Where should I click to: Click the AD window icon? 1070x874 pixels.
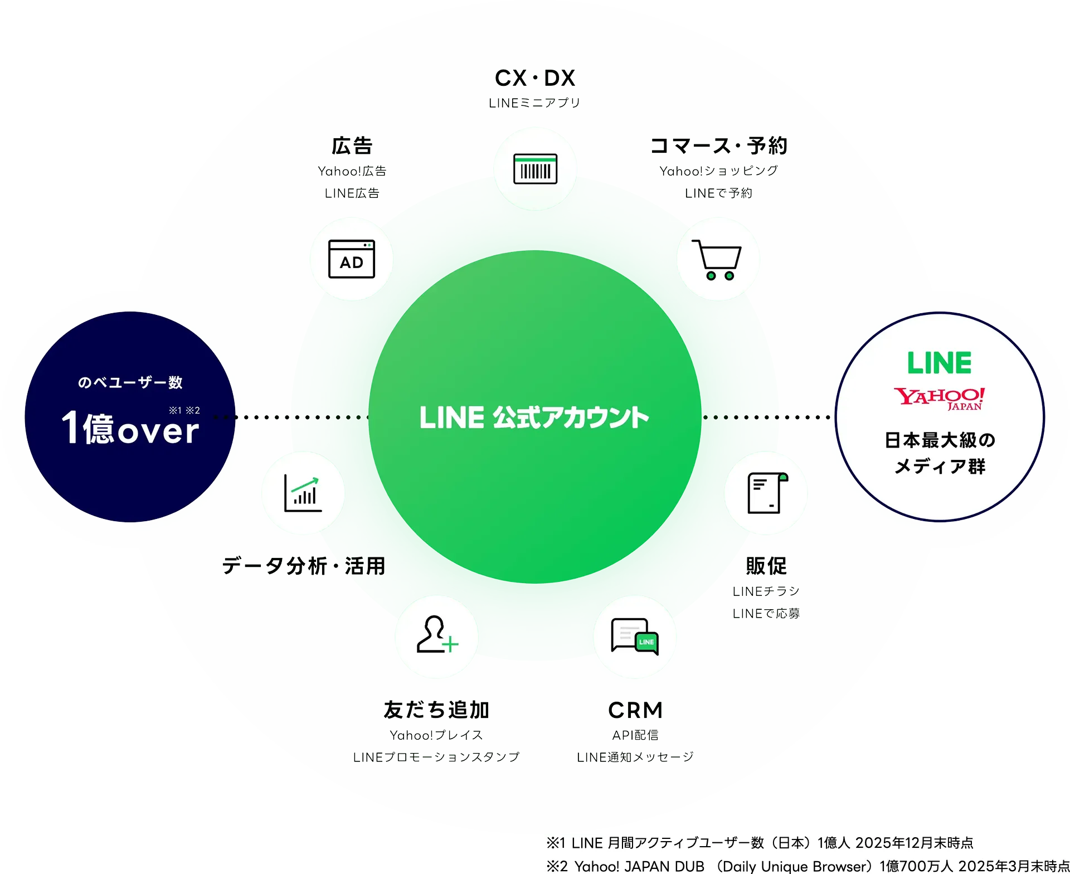pyautogui.click(x=352, y=259)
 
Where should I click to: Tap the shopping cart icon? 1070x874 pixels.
pyautogui.click(x=717, y=259)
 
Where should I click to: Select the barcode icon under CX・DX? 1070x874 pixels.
pyautogui.click(x=535, y=169)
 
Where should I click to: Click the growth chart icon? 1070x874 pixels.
pyautogui.click(x=303, y=493)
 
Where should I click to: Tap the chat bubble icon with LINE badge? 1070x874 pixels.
pyautogui.click(x=635, y=636)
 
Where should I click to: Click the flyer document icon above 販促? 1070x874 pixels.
pyautogui.click(x=766, y=493)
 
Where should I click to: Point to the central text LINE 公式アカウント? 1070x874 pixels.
pyautogui.click(x=534, y=417)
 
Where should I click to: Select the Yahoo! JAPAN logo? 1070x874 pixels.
pyautogui.click(x=940, y=398)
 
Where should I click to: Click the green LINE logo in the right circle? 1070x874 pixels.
pyautogui.click(x=940, y=363)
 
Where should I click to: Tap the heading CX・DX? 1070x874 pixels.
pyautogui.click(x=535, y=79)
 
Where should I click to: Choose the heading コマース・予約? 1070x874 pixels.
pyautogui.click(x=719, y=146)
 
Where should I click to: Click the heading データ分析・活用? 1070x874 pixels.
pyautogui.click(x=304, y=566)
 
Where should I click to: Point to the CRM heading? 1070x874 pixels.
pyautogui.click(x=635, y=710)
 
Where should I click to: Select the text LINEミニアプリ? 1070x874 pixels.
pyautogui.click(x=535, y=103)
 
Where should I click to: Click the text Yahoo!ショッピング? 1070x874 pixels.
pyautogui.click(x=719, y=171)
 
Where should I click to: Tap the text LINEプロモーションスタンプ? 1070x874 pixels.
pyautogui.click(x=436, y=757)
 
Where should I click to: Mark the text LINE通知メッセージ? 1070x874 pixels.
pyautogui.click(x=635, y=757)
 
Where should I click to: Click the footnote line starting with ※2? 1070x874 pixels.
pyautogui.click(x=807, y=866)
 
